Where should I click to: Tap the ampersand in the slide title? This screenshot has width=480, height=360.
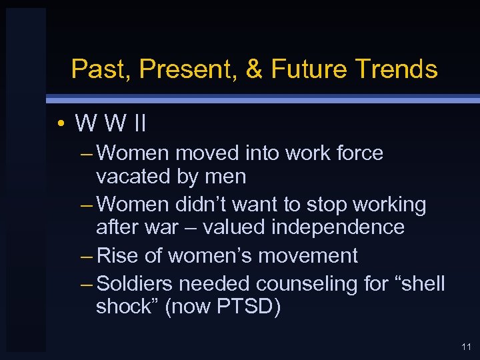[255, 69]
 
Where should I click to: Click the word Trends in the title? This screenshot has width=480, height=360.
[397, 69]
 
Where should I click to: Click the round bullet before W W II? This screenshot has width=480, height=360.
[60, 124]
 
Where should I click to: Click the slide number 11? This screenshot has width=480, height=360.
[465, 347]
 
